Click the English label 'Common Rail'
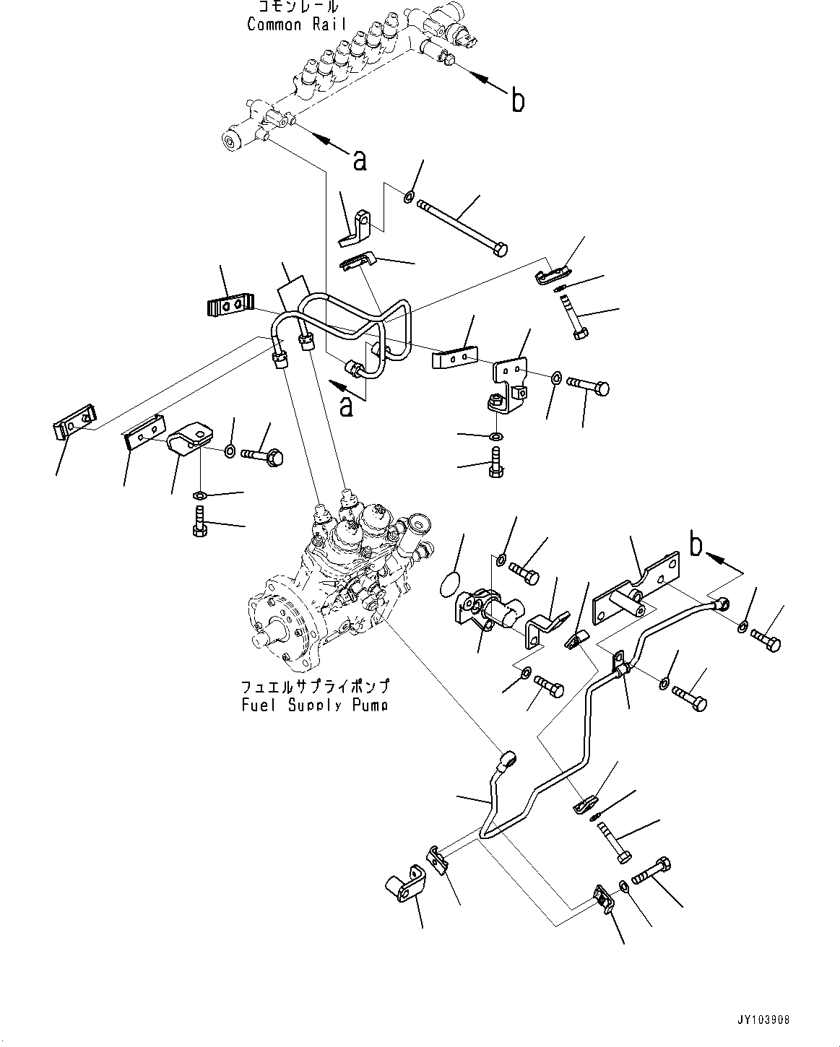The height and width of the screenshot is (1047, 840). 296,24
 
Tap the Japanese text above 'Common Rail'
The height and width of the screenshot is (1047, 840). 297,7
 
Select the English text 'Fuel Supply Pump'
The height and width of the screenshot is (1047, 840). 315,704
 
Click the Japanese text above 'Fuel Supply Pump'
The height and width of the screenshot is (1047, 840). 315,686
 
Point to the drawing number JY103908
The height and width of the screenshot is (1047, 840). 764,1020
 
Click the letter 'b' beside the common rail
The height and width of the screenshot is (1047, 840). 517,101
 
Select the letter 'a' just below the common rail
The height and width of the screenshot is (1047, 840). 359,160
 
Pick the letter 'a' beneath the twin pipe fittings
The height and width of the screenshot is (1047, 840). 347,406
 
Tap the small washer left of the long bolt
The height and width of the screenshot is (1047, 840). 409,195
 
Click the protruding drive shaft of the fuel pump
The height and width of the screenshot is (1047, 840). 261,640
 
